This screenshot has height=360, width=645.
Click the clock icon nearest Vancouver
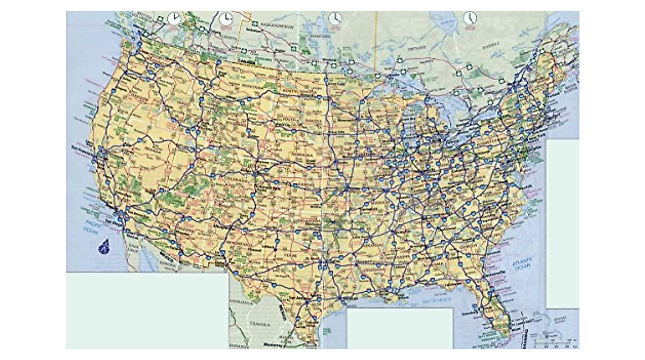click(x=174, y=19)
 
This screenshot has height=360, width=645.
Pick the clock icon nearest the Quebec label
click(x=470, y=19)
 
